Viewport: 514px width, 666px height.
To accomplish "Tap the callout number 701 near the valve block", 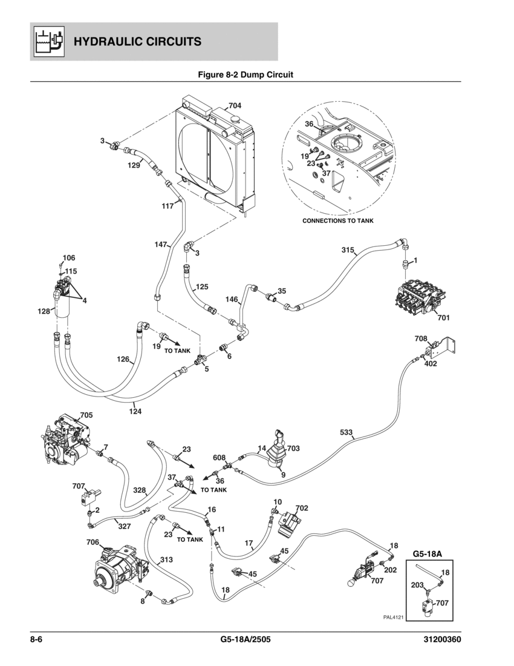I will click(444, 317).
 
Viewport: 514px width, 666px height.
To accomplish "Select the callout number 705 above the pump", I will click(86, 415).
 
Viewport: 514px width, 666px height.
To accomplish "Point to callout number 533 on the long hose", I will click(346, 432).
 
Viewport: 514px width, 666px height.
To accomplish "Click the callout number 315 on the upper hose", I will click(348, 249).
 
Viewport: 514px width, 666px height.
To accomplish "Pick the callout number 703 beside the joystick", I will click(293, 449).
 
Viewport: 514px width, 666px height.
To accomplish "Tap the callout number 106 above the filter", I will click(68, 257).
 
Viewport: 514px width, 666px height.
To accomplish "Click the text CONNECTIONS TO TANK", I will click(338, 221).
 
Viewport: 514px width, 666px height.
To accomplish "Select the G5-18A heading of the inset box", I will click(428, 553).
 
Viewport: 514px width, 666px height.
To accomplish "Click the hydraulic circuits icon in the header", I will click(47, 41).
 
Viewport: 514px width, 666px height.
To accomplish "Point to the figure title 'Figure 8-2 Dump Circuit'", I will click(246, 75).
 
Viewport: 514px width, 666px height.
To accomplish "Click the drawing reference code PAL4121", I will click(393, 618).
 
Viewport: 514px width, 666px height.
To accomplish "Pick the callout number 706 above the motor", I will click(94, 542).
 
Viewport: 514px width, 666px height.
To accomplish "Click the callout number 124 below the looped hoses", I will click(135, 412).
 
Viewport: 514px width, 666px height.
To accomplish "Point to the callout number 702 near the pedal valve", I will click(302, 508).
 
